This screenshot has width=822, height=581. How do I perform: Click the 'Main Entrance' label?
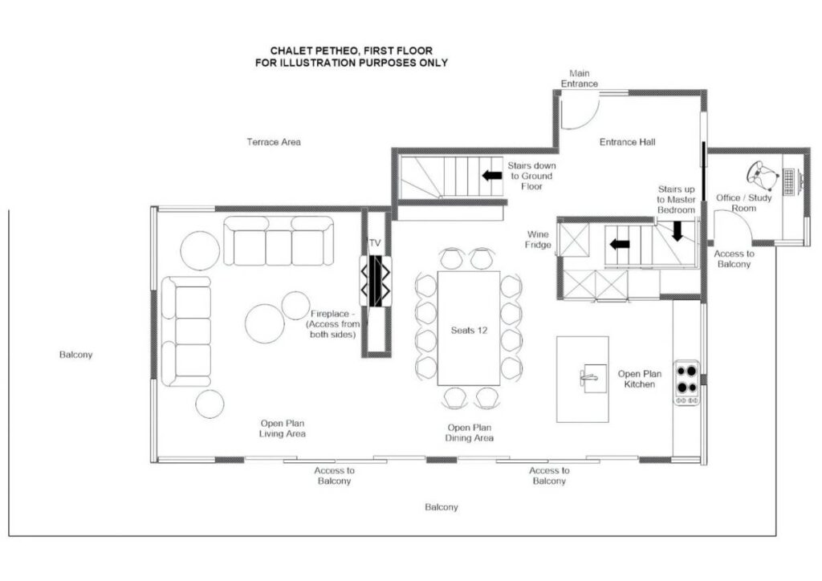tap(580, 79)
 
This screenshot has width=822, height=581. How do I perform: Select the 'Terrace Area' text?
tap(274, 142)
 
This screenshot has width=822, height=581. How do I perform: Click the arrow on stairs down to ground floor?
tap(492, 176)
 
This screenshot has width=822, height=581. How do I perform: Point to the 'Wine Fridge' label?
tap(539, 239)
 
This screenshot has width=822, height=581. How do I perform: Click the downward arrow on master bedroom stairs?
tap(678, 231)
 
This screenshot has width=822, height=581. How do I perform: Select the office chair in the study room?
tap(763, 175)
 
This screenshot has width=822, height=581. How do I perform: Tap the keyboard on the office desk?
tap(789, 182)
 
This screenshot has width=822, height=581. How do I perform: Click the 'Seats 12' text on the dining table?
tap(469, 331)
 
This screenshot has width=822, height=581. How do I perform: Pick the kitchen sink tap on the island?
tap(588, 376)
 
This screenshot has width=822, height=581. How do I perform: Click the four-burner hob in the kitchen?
tap(686, 383)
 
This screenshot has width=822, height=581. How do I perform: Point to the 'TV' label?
tap(374, 243)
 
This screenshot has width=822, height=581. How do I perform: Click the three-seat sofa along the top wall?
tap(279, 241)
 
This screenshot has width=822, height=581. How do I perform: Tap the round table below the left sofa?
tap(210, 404)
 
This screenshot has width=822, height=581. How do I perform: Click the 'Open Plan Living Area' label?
tap(283, 429)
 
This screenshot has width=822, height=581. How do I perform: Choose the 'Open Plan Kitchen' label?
tap(640, 379)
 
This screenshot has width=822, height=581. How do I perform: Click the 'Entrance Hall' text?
tap(628, 142)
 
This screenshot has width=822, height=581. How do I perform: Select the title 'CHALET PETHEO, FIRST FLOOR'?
tap(352, 51)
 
